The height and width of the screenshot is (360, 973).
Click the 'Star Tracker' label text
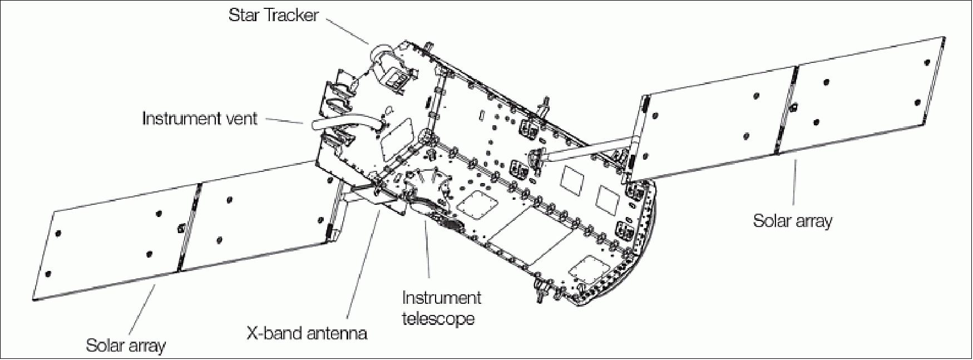[x=273, y=15]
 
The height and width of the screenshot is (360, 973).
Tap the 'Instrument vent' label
[x=200, y=119]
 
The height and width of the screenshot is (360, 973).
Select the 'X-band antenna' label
[x=307, y=333]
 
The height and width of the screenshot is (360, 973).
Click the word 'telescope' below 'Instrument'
[x=439, y=319]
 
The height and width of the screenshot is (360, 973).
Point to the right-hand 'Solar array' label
[x=793, y=221]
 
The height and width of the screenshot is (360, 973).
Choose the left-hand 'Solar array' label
[x=126, y=346]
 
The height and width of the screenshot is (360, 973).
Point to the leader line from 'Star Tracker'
[x=348, y=31]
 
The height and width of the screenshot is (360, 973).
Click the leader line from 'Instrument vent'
[x=284, y=120]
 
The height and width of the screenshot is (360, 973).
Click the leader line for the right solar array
[x=794, y=184]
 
